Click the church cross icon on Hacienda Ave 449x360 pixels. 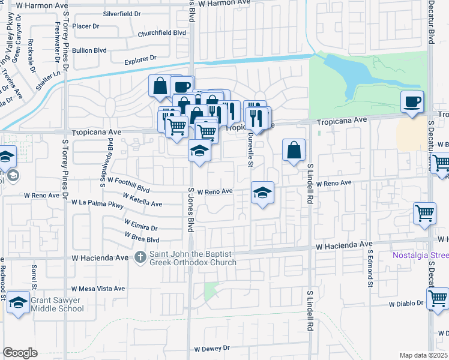pyautogui.click(x=140, y=257)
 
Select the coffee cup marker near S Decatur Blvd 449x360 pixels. pyautogui.click(x=412, y=102)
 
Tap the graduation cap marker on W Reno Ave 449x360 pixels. pyautogui.click(x=262, y=193)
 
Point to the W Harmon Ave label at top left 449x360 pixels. pyautogui.click(x=41, y=4)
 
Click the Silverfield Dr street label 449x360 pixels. pyautogui.click(x=122, y=13)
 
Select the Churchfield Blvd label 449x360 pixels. pyautogui.click(x=162, y=34)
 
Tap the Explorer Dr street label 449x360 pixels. pyautogui.click(x=140, y=60)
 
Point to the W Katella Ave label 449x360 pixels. pyautogui.click(x=142, y=200)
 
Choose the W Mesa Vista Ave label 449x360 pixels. pyautogui.click(x=98, y=289)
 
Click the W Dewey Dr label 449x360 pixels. pyautogui.click(x=212, y=348)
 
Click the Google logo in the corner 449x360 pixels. pyautogui.click(x=20, y=353)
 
